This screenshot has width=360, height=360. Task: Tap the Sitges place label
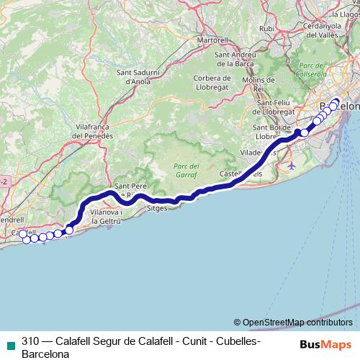coord(156,207)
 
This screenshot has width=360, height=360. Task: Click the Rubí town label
coord(267,29)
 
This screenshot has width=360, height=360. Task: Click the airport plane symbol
coord(291,166)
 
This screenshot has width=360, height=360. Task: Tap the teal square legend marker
coord(10,343)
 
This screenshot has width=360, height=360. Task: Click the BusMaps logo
coord(325,343)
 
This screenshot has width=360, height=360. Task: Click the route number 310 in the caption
coord(30,341)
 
